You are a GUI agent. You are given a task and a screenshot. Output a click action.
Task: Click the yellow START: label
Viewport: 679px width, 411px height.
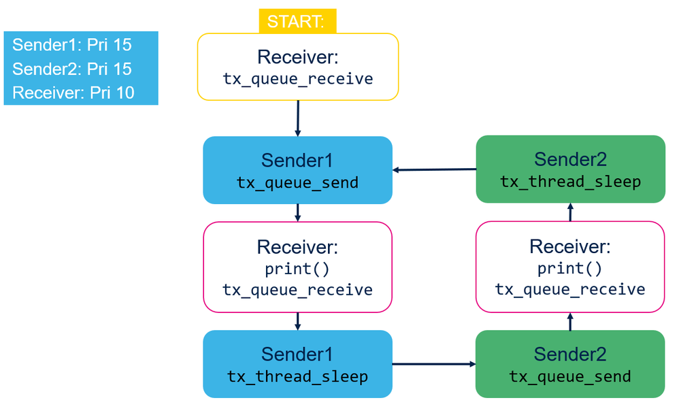coord(297,21)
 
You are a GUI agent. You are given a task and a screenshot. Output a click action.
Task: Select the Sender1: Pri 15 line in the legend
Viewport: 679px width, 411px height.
coord(72,45)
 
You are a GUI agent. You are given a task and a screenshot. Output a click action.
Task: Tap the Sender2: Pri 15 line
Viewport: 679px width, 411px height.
coord(72,69)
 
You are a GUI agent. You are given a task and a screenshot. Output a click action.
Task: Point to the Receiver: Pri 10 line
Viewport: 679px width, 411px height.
coord(73,93)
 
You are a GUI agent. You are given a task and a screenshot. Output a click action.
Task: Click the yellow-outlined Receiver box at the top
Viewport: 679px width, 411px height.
coord(298,67)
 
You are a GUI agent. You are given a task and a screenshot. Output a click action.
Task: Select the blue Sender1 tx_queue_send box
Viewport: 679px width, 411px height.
coord(297,169)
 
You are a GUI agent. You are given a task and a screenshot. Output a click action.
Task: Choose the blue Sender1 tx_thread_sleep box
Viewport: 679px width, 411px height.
coord(297,364)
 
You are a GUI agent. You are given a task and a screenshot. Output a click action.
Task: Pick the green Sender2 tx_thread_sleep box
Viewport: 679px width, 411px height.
coord(570,169)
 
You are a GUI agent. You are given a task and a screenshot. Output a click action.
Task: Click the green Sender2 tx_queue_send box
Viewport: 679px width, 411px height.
coord(570,364)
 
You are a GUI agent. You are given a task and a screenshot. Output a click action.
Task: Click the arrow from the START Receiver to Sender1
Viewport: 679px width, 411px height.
coord(298,118)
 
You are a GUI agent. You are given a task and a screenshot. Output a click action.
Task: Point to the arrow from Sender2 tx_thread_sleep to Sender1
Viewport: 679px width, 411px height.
coord(434,169)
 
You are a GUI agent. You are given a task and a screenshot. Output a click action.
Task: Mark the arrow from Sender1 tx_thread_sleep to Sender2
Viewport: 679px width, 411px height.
coord(434,364)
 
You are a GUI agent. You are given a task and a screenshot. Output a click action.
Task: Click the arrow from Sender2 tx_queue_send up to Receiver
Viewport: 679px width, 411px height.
coord(570,321)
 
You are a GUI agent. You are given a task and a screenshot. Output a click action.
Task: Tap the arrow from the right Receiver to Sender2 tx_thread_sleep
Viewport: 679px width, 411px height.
coord(570,212)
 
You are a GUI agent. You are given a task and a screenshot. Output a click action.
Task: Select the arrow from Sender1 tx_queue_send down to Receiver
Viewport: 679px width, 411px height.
coord(297,213)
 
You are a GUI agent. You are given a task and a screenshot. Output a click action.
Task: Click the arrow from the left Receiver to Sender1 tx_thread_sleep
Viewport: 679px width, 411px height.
coord(297,321)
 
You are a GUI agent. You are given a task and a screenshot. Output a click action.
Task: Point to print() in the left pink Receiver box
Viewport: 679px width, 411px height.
coord(297,269)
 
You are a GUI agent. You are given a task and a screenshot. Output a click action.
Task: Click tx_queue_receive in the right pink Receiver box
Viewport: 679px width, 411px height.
coord(570,289)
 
